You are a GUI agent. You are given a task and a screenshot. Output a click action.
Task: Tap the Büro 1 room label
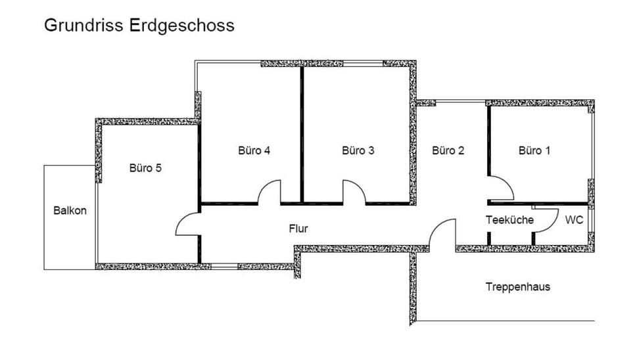pos(534,150)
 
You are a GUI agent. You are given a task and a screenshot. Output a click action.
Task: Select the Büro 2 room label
pos(448,150)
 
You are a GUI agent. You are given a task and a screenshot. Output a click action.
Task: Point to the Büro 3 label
pos(358,150)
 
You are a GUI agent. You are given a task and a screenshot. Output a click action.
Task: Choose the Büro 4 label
pos(254,150)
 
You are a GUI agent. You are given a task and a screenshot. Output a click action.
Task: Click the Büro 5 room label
pos(145,168)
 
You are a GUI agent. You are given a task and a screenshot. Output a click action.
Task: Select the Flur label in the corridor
pos(298,229)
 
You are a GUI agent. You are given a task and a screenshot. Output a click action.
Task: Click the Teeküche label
pos(509,220)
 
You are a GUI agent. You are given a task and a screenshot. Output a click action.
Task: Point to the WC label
pos(574,220)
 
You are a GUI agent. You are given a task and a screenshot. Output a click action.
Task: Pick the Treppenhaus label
pos(518,287)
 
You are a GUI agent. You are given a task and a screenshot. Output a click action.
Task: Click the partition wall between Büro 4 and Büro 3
pos(302,135)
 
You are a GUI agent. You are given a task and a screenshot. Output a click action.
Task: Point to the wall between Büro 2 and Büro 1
pos(488,141)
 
